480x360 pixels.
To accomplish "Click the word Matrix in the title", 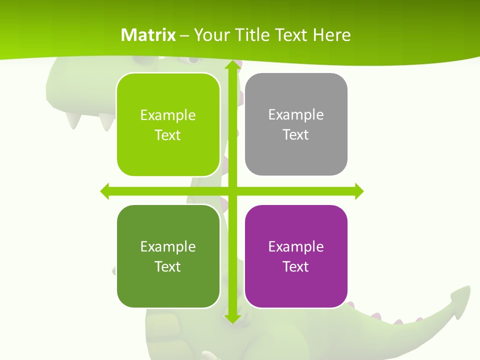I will [x=148, y=35].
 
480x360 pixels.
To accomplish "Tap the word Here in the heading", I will [x=332, y=35].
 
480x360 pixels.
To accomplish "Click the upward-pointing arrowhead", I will [x=232, y=65].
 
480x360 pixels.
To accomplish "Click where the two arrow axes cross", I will [x=232, y=191].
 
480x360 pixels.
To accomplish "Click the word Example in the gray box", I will [x=296, y=115].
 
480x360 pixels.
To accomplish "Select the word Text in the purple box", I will [x=296, y=266].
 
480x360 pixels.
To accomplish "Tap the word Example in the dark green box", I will [x=168, y=246].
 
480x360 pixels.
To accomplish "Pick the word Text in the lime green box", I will [x=168, y=135].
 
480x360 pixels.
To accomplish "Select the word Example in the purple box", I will [x=296, y=246].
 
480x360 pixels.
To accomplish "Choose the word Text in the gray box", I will [x=296, y=134].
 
